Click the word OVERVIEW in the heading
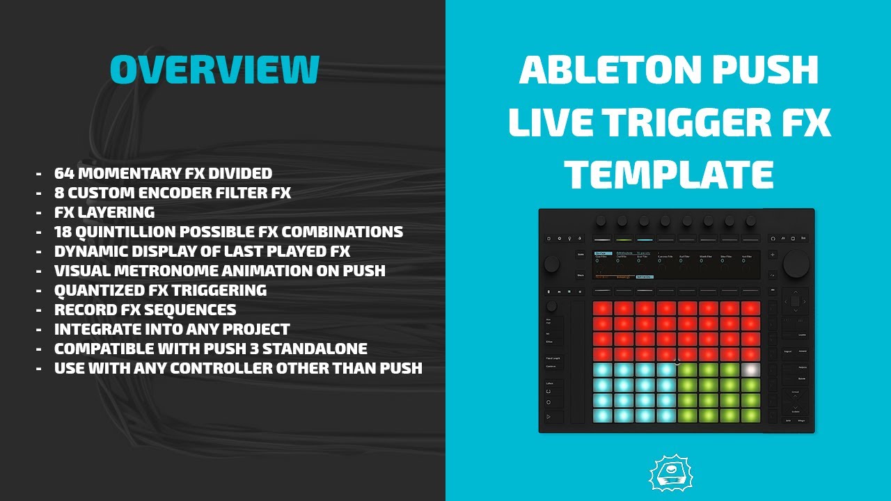coord(214,69)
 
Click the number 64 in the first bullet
coord(64,173)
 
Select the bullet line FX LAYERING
coord(104,212)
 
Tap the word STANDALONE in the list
coord(308,349)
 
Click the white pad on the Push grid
coord(750,369)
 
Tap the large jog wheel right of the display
coord(796,264)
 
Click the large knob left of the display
coord(551,264)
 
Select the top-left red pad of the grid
coord(602,308)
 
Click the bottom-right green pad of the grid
coord(750,415)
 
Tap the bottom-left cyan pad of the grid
coord(602,415)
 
